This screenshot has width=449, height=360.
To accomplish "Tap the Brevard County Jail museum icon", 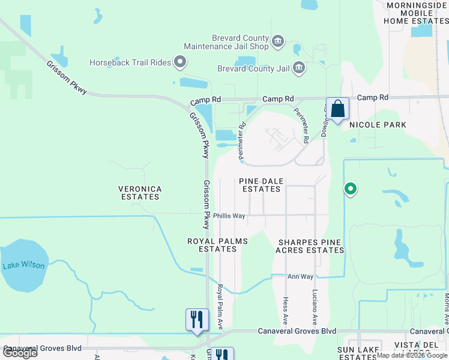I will pos(299,69).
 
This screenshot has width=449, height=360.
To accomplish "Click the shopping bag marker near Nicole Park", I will pos(337,109).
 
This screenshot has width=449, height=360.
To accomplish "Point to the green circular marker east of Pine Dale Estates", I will pos(351,190).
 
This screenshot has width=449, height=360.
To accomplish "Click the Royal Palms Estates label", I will pos(217,245).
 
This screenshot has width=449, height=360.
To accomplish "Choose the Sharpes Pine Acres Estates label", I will pos(309,246).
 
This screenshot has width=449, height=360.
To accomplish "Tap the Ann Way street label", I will pos(301,277).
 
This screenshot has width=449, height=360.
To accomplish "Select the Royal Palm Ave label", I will pos(220,307).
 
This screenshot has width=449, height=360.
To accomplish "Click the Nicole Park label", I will pos(378,125).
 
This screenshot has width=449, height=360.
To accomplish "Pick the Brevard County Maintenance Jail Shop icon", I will pos(277,41).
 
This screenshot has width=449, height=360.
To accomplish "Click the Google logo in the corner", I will pos(19,353).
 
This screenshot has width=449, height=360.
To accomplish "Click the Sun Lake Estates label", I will pos(358,353).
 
